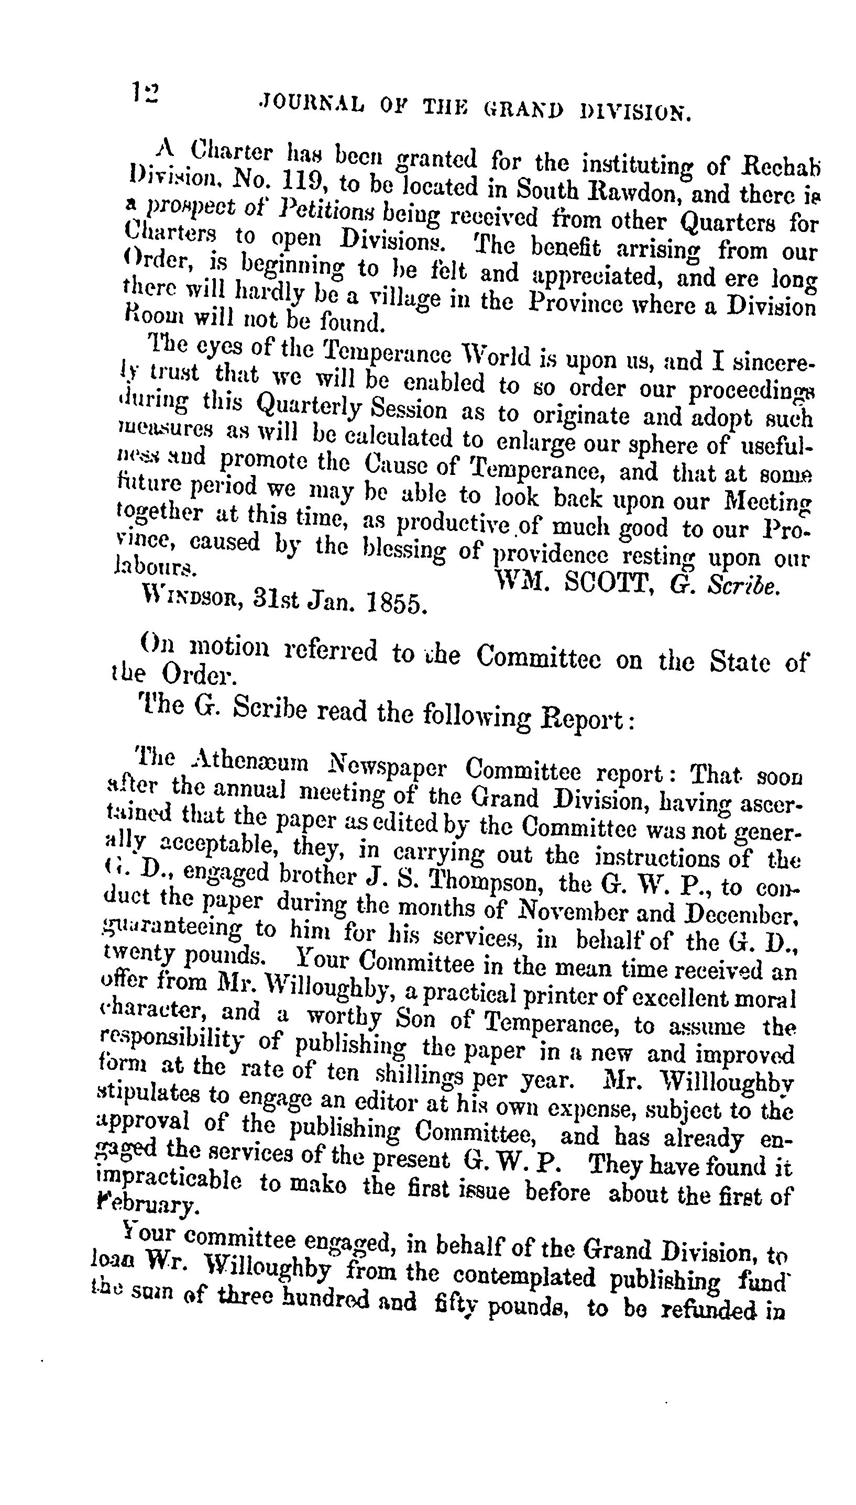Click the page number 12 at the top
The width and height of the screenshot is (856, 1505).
145,92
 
